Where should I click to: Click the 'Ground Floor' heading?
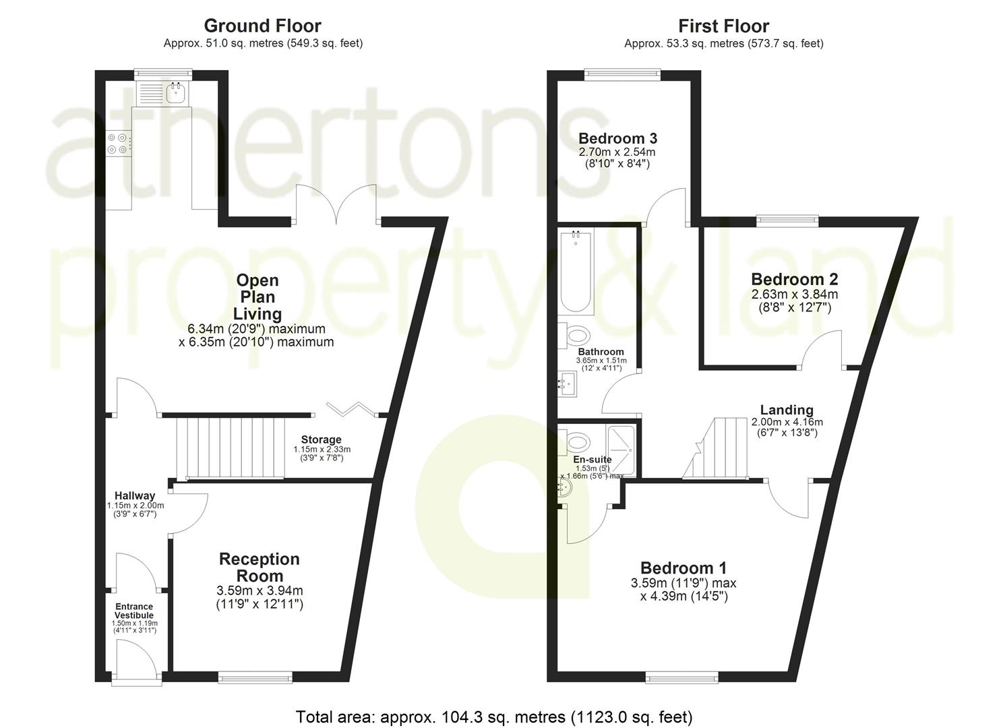pyautogui.click(x=262, y=26)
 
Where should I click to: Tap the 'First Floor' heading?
pyautogui.click(x=723, y=26)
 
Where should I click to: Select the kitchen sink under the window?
pyautogui.click(x=177, y=92)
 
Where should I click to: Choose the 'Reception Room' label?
pyautogui.click(x=260, y=568)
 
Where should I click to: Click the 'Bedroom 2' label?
pyautogui.click(x=795, y=279)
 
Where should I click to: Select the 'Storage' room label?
pyautogui.click(x=321, y=439)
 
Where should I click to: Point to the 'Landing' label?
pyautogui.click(x=787, y=410)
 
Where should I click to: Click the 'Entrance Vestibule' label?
pyautogui.click(x=134, y=611)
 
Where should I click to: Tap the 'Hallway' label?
pyautogui.click(x=135, y=495)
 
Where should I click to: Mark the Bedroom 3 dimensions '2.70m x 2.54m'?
pyautogui.click(x=617, y=152)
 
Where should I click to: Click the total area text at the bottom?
pyautogui.click(x=494, y=717)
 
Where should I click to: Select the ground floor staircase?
pyautogui.click(x=230, y=448)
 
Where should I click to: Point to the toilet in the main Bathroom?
pyautogui.click(x=577, y=334)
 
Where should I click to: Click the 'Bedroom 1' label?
pyautogui.click(x=684, y=568)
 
